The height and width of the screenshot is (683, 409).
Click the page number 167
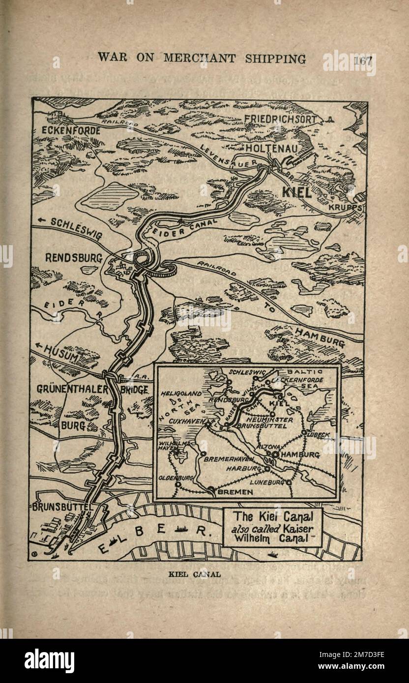coord(363,59)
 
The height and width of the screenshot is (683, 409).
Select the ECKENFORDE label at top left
coord(71,131)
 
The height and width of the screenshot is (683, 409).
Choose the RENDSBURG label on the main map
coord(73,258)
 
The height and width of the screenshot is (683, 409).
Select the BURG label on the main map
coord(73,425)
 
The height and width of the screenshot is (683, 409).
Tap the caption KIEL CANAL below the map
coord(194,573)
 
